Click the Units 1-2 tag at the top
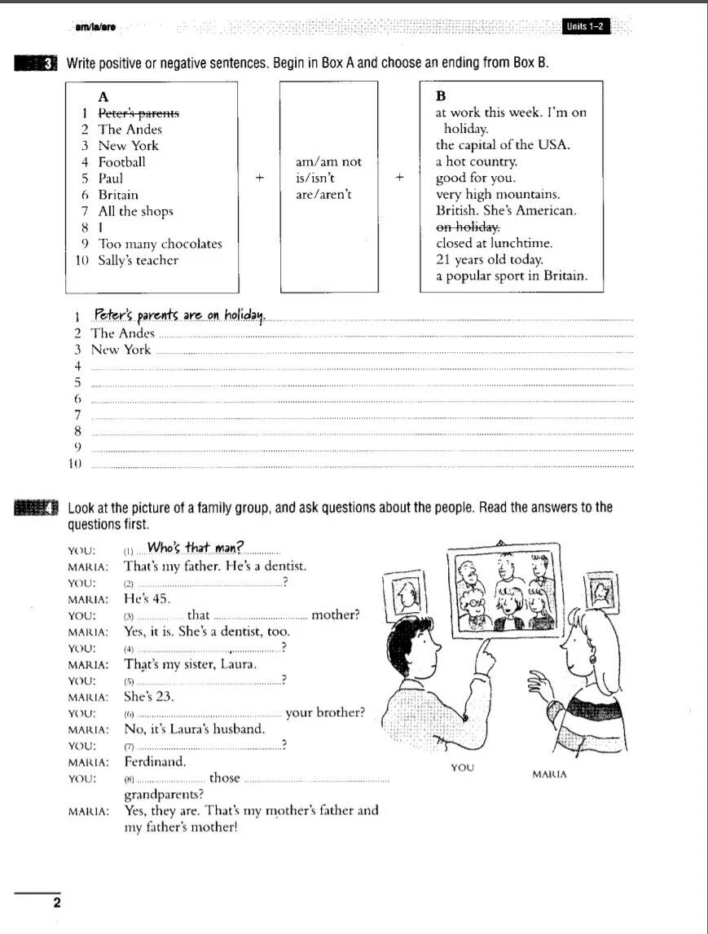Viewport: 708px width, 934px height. pos(586,27)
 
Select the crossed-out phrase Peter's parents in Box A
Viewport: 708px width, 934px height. pos(139,113)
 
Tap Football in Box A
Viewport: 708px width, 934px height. pos(122,162)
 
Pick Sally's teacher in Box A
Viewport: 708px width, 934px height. pos(139,261)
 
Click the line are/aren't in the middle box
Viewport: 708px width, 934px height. pos(323,195)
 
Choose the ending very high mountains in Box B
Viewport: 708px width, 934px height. pos(498,195)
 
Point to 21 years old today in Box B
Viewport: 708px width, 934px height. pos(489,260)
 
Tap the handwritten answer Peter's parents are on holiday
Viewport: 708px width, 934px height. pos(179,315)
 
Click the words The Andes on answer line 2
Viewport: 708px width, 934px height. pos(122,333)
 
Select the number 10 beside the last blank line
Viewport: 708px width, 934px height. pos(77,464)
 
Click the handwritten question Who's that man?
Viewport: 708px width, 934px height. pos(196,548)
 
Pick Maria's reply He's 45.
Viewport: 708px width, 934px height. pos(147,598)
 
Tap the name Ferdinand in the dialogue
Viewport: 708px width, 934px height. pos(155,762)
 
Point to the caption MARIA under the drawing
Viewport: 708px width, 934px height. pos(549,774)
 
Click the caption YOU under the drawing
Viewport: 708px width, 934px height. pos(462,768)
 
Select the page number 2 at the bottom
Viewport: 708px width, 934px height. pos(56,902)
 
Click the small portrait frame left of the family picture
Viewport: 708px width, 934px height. pos(407,596)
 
